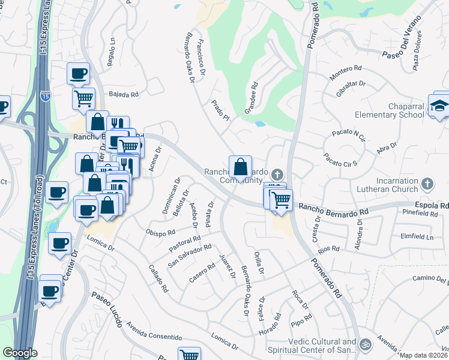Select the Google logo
[20, 353]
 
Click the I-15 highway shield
[46, 96]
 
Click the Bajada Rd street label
[124, 94]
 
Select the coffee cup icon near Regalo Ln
[78, 74]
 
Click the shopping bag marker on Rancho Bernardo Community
[240, 166]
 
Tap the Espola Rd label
[436, 205]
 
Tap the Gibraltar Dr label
[351, 90]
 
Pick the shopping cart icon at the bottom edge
[190, 355]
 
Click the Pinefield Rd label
[421, 213]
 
